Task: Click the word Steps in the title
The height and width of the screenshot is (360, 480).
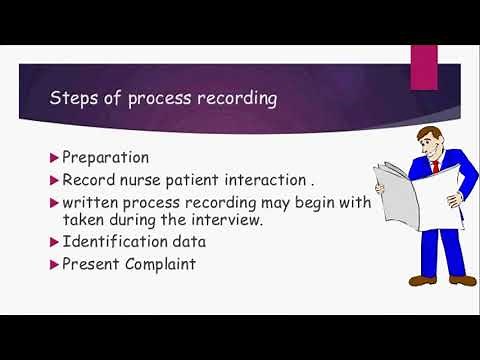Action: (x=74, y=100)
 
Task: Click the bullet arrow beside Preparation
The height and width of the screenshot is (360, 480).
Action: (x=54, y=157)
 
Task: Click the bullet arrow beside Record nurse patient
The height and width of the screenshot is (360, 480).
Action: (x=54, y=180)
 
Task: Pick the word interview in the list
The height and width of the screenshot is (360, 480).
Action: (x=230, y=220)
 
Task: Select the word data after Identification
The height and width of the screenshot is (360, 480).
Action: (x=195, y=243)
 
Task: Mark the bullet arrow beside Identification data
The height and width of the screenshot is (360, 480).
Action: (x=54, y=243)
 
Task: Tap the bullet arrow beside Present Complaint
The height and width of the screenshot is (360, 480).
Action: (x=54, y=266)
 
